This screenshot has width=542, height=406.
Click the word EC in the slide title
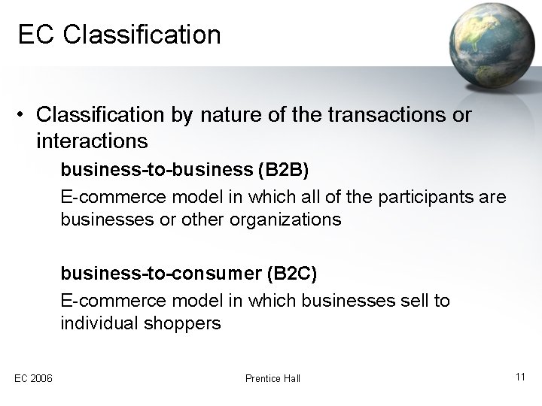point(34,35)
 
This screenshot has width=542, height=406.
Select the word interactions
point(90,141)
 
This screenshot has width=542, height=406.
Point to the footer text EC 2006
point(32,378)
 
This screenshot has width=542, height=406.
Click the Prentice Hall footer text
point(273,378)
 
